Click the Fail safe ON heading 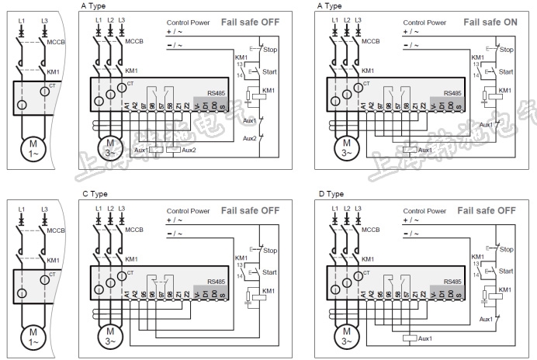pyautogui.click(x=490, y=22)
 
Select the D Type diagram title pyautogui.click(x=331, y=193)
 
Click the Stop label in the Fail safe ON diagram pyautogui.click(x=506, y=50)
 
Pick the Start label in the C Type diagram pyautogui.click(x=269, y=272)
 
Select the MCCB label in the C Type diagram pyautogui.click(x=135, y=230)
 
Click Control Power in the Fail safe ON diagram pyautogui.click(x=424, y=22)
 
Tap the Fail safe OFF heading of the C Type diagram pyautogui.click(x=250, y=210)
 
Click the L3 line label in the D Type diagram pyautogui.click(x=359, y=208)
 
